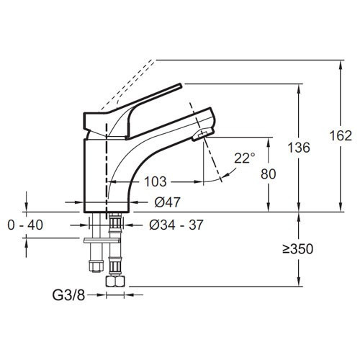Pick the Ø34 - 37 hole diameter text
176,225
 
